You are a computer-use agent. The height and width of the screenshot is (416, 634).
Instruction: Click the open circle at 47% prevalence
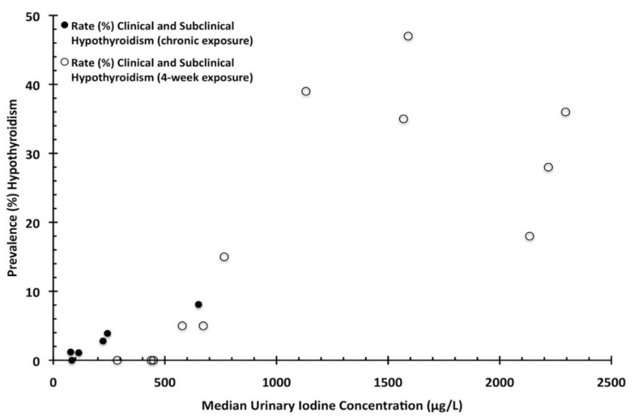[408, 36]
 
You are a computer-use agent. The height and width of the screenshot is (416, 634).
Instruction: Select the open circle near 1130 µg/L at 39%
[306, 91]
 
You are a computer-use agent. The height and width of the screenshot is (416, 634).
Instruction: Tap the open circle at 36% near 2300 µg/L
[565, 112]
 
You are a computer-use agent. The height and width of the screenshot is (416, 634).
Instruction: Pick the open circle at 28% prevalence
[548, 167]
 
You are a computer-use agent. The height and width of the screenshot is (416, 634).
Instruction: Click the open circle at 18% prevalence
[529, 236]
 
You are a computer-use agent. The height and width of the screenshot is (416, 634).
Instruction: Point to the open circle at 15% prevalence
[224, 257]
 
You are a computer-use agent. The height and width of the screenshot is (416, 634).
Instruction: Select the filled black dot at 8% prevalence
[199, 305]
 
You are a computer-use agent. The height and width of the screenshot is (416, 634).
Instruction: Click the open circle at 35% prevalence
[404, 119]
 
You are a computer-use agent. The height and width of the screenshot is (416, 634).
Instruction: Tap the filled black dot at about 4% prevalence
[107, 334]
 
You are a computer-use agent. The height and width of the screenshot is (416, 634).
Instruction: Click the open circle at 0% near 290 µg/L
[117, 360]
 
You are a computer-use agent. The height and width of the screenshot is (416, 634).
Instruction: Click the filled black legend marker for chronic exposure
[64, 25]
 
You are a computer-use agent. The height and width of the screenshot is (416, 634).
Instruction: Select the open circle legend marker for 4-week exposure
[64, 62]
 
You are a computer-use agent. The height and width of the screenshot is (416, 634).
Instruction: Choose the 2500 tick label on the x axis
[612, 383]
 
